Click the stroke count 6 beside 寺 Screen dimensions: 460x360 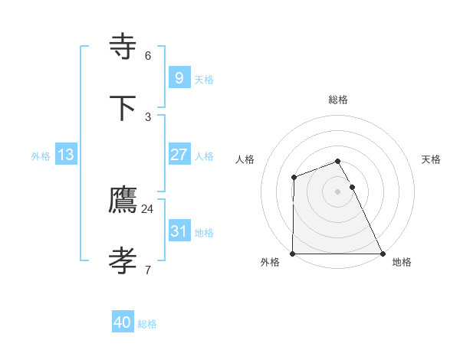click(x=148, y=56)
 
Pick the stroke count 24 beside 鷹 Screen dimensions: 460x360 click(x=148, y=208)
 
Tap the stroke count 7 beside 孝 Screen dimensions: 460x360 click(x=148, y=270)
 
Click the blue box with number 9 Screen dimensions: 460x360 click(x=179, y=77)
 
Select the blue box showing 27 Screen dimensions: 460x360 click(x=179, y=154)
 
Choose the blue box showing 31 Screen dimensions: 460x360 click(x=179, y=231)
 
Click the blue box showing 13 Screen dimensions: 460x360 click(x=66, y=155)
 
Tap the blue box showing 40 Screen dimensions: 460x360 click(x=123, y=322)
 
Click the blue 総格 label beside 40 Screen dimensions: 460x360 click(x=147, y=324)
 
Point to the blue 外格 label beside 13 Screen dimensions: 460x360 click(x=41, y=156)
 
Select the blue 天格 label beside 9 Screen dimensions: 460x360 click(x=204, y=80)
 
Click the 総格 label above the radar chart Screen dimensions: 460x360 click(x=338, y=100)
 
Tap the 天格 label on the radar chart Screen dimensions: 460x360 click(x=432, y=159)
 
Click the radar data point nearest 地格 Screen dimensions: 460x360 click(x=383, y=254)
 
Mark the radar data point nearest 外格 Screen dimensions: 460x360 click(x=293, y=254)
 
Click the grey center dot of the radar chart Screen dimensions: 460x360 click(x=338, y=191)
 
